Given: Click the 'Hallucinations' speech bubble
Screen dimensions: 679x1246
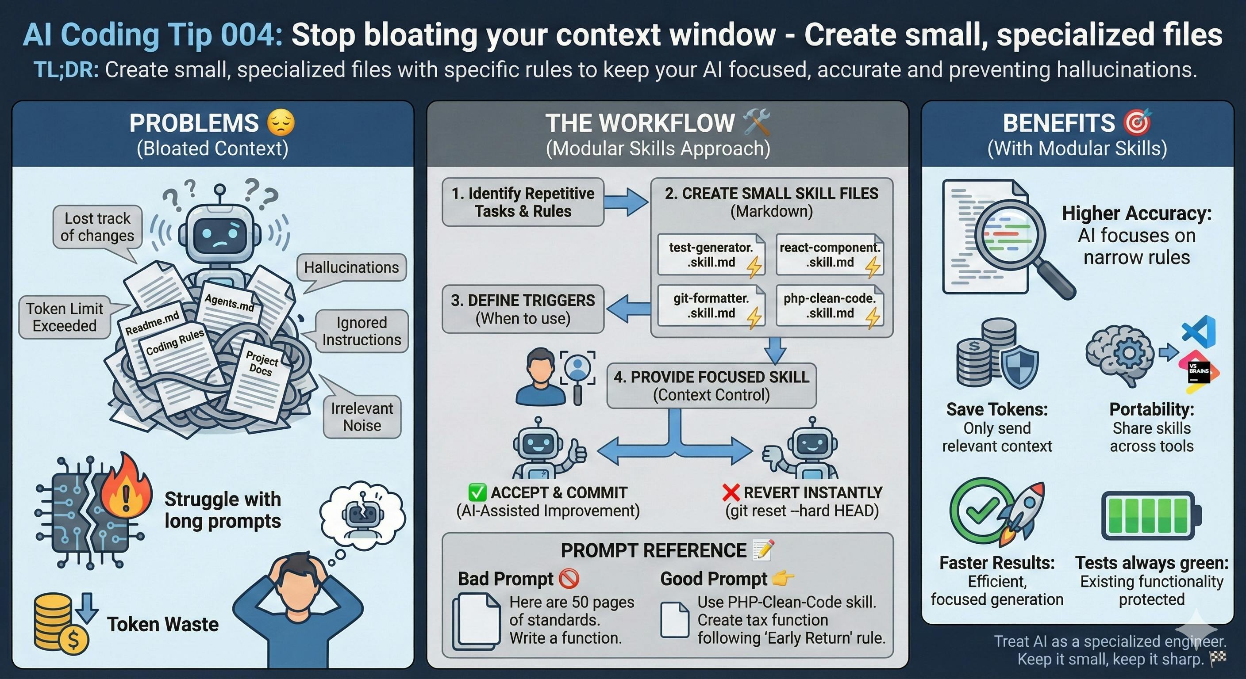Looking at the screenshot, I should coord(351,267).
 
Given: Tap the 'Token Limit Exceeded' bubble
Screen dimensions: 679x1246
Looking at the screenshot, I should coord(64,317).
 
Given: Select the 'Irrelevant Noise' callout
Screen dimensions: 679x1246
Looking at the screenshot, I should coord(362,416).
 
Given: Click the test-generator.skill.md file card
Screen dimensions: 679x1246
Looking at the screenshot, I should coord(711,255).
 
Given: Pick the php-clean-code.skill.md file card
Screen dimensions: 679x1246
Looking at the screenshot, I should coord(830,306).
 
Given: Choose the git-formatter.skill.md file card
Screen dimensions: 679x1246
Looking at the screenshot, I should coord(711,306).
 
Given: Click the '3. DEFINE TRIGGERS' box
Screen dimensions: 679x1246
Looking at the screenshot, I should coord(523,309).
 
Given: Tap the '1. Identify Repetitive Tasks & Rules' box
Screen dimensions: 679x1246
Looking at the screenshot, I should coord(523,202).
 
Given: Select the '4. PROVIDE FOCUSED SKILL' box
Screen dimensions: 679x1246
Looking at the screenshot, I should coord(711,385).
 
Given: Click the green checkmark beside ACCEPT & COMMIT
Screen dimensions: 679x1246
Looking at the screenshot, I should coord(477,492).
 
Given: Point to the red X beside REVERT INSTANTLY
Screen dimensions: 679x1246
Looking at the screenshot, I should coord(731,492).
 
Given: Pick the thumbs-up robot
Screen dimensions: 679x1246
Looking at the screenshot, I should coord(544,450).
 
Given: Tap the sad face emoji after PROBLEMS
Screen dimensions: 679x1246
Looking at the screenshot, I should coord(281,123).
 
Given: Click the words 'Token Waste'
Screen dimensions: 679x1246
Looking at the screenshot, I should coord(162,624).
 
